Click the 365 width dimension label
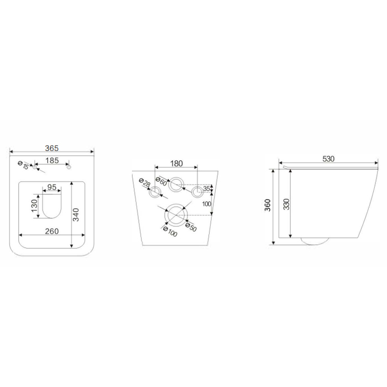52,148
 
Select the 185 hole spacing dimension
53,160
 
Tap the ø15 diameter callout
24,165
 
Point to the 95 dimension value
52,187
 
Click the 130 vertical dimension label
34,206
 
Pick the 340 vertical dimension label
76,215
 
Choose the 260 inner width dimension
52,231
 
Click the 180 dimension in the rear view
177,164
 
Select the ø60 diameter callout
161,181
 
